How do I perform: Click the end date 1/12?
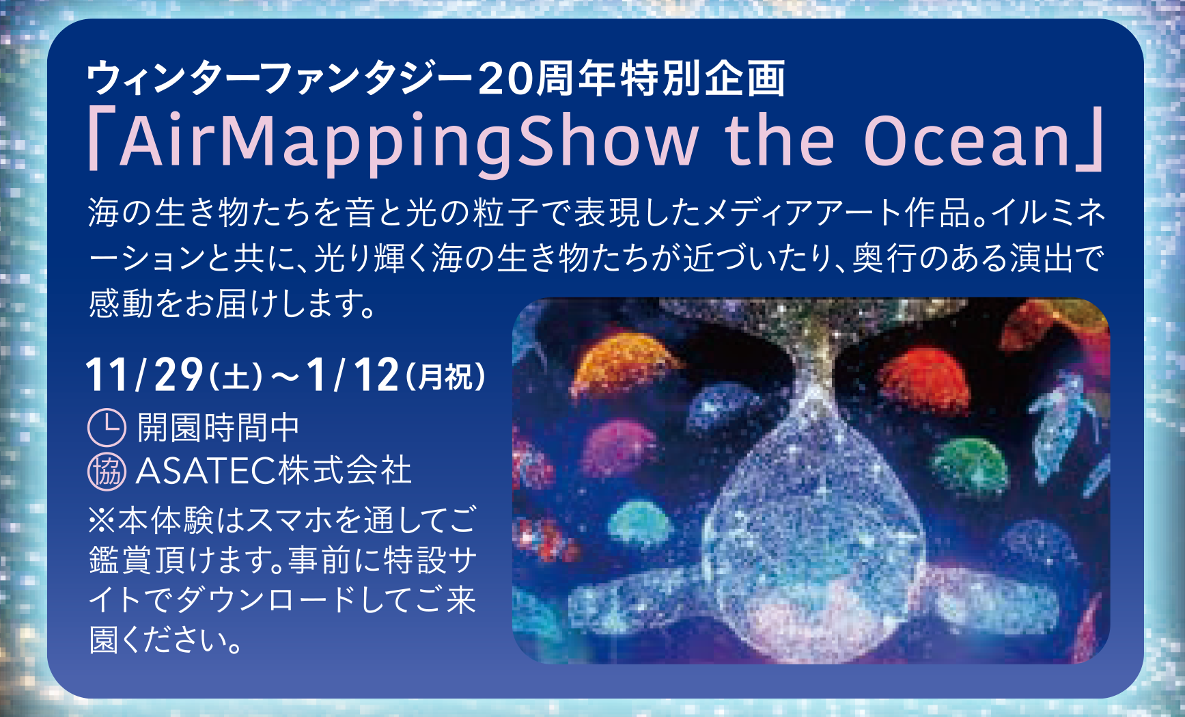point(352,375)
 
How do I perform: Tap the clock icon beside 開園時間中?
point(107,428)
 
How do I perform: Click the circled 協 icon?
point(107,472)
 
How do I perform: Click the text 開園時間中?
point(219,428)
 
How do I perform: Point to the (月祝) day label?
point(446,377)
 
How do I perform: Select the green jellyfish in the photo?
point(970,465)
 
